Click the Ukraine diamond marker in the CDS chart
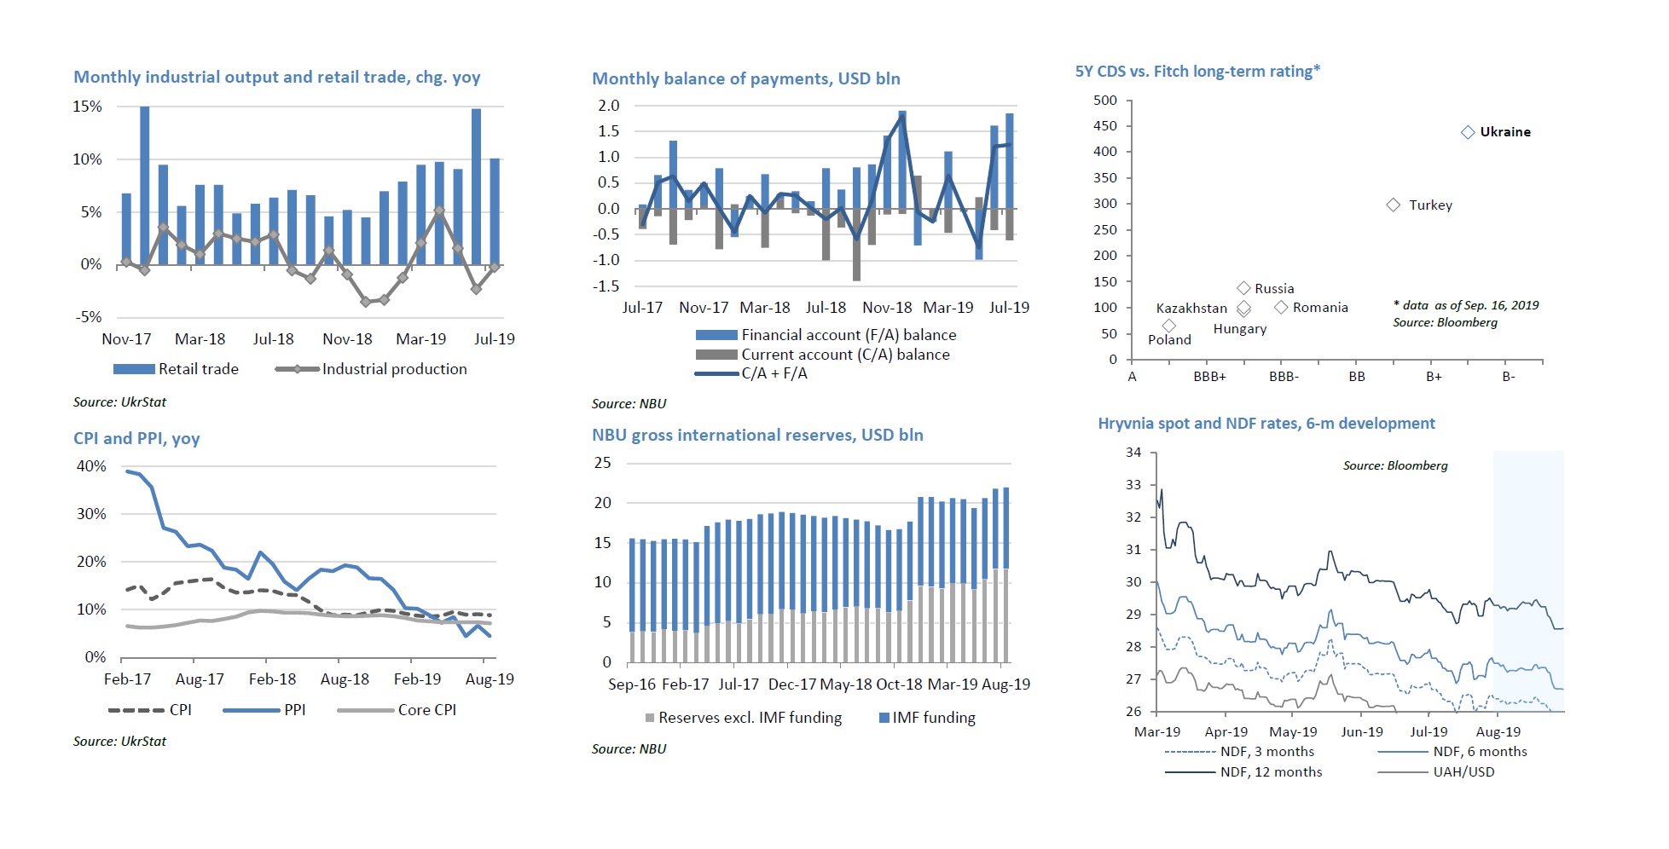click(1468, 132)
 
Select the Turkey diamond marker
click(1394, 205)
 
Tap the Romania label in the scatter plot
click(1320, 308)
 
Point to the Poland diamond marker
click(1169, 326)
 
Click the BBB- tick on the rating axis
click(1284, 377)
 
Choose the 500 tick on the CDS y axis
click(1105, 101)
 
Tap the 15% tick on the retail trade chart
click(87, 107)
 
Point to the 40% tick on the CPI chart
click(91, 466)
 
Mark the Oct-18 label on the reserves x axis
click(899, 684)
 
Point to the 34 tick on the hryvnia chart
click(1133, 453)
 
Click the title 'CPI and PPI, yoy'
click(136, 438)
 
